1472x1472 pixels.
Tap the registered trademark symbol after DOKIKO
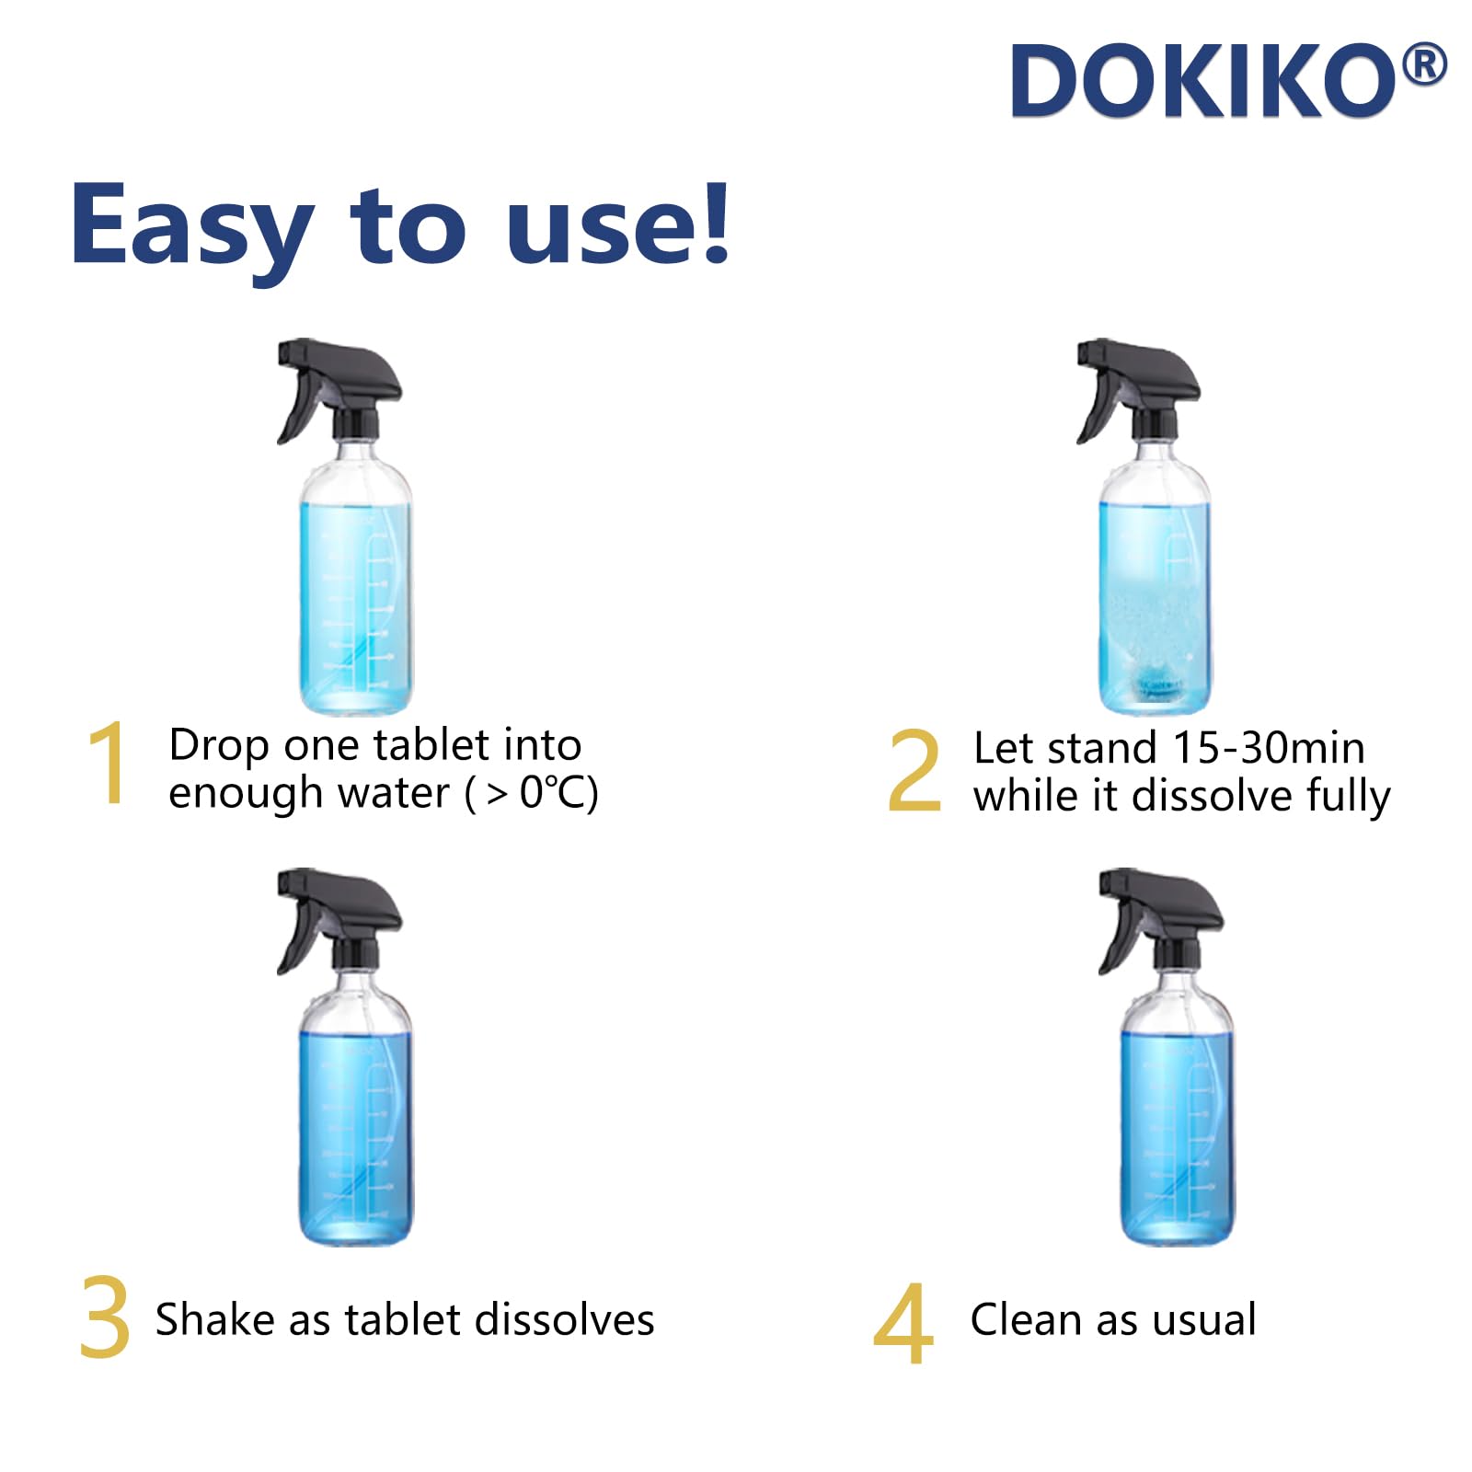click(x=1425, y=66)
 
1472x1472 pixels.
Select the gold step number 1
click(x=109, y=763)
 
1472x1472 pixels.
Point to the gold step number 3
click(x=104, y=1317)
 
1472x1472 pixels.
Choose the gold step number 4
click(x=903, y=1323)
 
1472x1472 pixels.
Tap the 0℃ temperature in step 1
click(x=550, y=792)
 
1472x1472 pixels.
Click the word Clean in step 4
click(x=1025, y=1319)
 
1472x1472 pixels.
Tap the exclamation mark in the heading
click(x=713, y=221)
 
